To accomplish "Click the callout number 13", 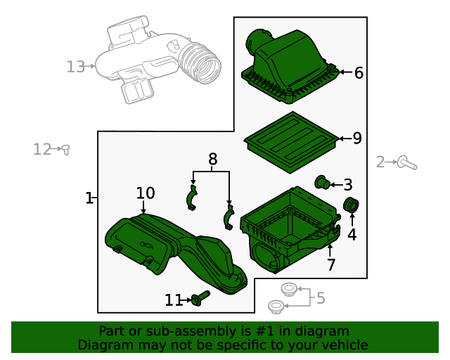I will [x=75, y=67].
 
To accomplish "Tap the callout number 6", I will [x=359, y=72].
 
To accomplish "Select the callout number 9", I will [x=357, y=139].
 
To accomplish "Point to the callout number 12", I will [x=42, y=149].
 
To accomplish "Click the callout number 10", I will [x=146, y=193].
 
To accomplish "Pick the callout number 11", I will [x=173, y=300].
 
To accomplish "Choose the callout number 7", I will [x=330, y=265].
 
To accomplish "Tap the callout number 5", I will [x=321, y=298].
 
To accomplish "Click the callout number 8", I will [x=213, y=160].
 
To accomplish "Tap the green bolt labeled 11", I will [x=200, y=299].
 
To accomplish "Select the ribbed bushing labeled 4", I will [x=352, y=205].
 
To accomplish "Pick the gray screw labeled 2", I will [x=407, y=163].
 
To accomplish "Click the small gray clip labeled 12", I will [x=65, y=149].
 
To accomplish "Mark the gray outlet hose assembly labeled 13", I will [x=158, y=63].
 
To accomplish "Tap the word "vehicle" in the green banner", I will [x=344, y=345].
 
